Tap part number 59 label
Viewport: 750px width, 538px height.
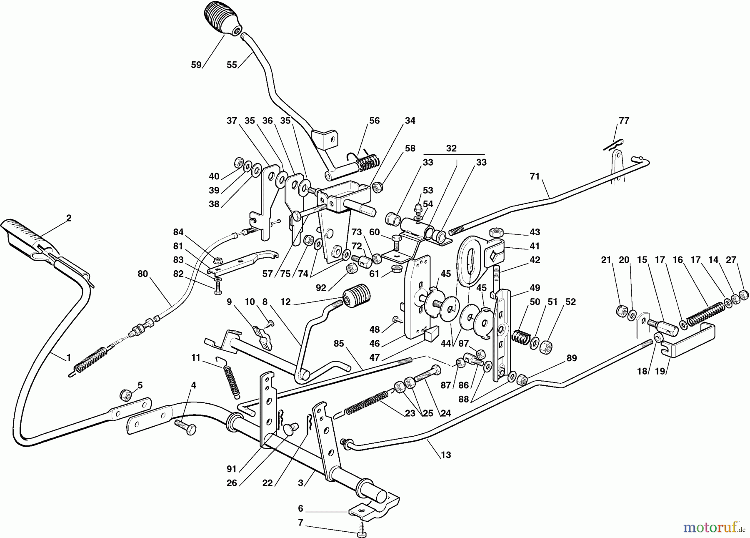[x=196, y=65]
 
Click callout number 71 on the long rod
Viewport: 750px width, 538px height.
[x=535, y=176]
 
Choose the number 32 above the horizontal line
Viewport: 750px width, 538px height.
[x=451, y=148]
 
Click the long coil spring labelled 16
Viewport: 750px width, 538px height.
[x=705, y=313]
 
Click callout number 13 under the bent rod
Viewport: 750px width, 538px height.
[x=446, y=455]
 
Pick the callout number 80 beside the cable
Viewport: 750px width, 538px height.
[x=142, y=274]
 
